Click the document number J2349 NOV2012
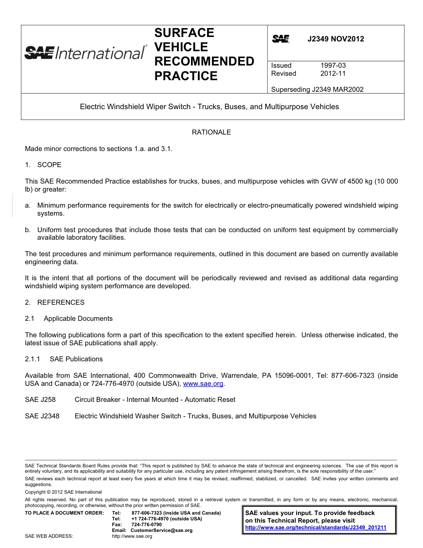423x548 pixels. (x=336, y=39)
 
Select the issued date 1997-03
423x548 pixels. (x=333, y=65)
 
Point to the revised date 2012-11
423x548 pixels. (x=333, y=74)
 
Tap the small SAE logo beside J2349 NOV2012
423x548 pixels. (x=281, y=39)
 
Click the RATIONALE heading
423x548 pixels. (x=211, y=132)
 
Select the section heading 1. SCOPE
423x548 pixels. (x=43, y=165)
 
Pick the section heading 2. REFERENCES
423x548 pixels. (x=55, y=303)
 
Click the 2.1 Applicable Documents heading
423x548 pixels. (x=69, y=319)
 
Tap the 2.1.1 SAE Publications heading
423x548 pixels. (x=64, y=359)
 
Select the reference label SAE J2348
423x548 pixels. (x=42, y=416)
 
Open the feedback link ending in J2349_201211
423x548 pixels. (x=316, y=528)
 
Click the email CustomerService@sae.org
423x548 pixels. (x=162, y=530)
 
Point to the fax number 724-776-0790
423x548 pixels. (x=147, y=524)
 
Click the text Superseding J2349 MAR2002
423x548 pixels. (x=317, y=90)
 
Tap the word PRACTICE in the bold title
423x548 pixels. (x=186, y=76)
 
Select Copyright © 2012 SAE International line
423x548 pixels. (x=63, y=492)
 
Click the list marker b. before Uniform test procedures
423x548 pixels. (x=28, y=230)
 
